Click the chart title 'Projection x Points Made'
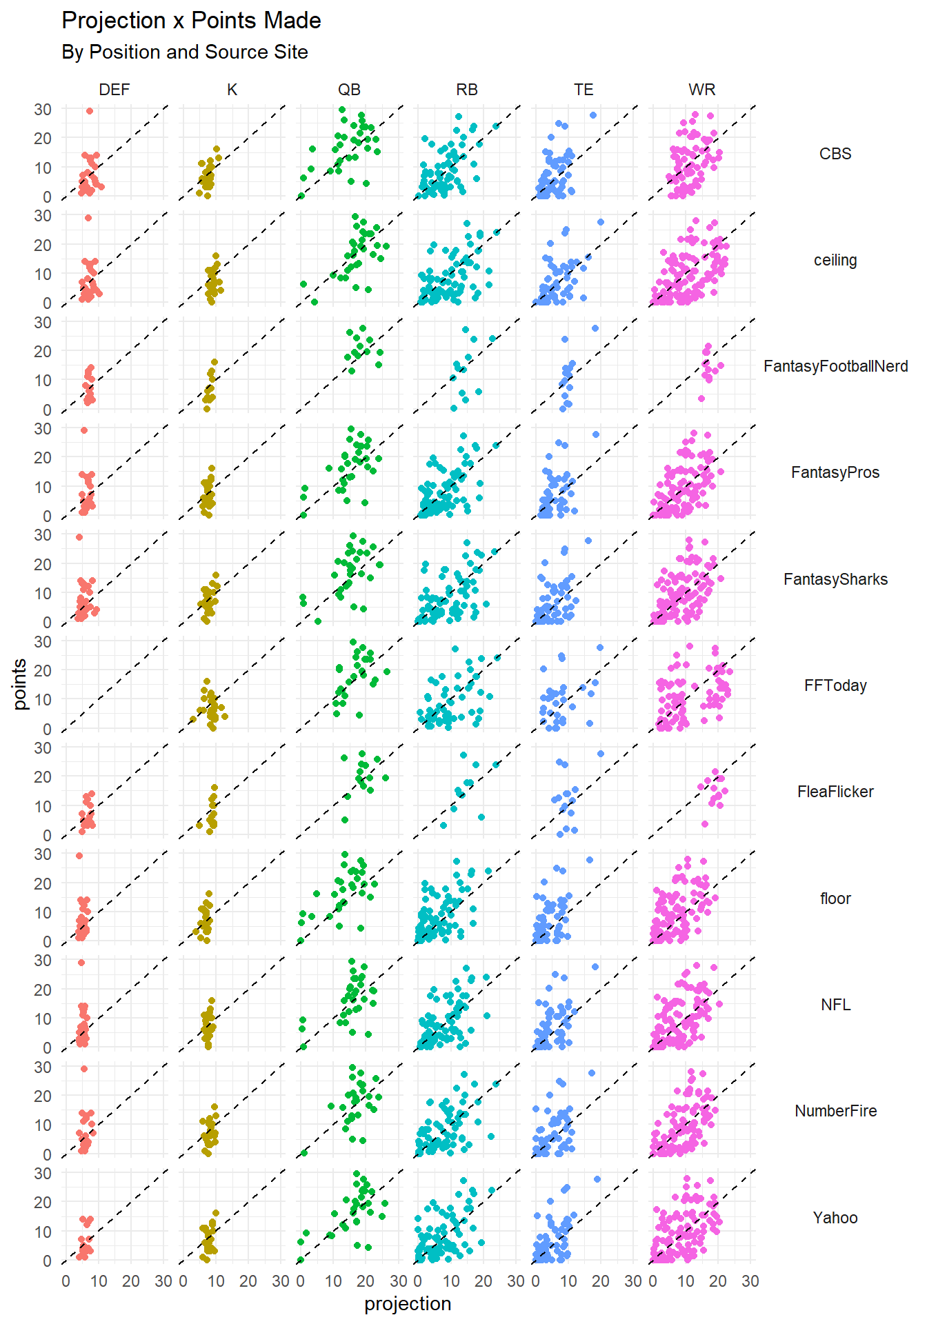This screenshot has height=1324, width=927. coord(191,21)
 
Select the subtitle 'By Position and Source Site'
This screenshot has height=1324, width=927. coord(184,52)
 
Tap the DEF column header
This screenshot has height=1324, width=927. coord(114,90)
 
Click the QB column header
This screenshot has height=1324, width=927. coord(349,90)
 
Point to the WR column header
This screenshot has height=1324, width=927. coord(701,90)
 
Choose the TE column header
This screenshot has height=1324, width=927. coord(584,90)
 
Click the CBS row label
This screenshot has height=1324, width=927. coord(835,154)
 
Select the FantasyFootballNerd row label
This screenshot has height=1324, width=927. coord(835,366)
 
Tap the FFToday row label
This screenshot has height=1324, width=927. coord(835,685)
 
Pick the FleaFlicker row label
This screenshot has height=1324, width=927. coord(835,792)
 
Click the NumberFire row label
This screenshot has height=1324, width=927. coord(835,1111)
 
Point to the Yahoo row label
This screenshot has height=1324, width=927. coord(835,1218)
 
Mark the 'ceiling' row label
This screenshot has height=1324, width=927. coord(835,260)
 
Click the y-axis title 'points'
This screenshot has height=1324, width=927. coord(20,684)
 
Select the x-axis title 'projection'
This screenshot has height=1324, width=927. coord(408,1304)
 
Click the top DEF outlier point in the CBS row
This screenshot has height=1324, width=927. coord(90,111)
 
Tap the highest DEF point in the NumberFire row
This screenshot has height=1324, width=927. coord(84,1069)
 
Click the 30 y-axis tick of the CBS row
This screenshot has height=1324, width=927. coord(43,110)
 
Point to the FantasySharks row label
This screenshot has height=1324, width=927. coord(835,579)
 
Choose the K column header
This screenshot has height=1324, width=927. coord(232,90)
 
